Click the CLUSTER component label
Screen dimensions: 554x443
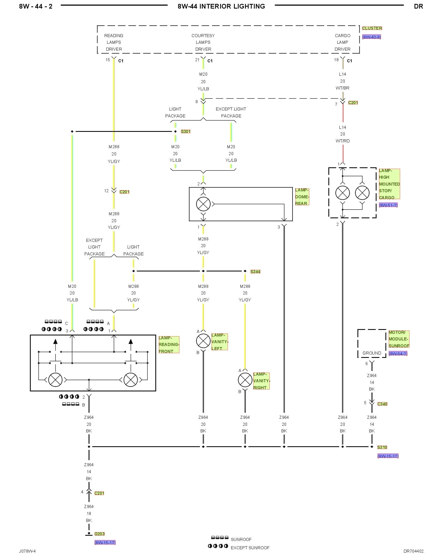(x=372, y=28)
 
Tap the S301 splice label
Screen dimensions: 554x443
(x=186, y=132)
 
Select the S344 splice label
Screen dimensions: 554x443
(x=255, y=272)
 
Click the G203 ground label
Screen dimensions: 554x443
(x=99, y=534)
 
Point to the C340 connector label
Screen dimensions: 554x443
(x=382, y=404)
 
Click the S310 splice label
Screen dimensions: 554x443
(x=382, y=447)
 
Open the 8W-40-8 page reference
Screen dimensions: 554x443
(x=372, y=37)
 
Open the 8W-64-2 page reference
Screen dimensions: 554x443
(x=398, y=354)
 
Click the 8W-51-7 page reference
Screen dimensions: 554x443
(x=388, y=205)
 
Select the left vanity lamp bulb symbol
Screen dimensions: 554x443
(x=203, y=341)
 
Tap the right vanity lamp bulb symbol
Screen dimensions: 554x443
(x=245, y=380)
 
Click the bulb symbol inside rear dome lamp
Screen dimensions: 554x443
(x=203, y=204)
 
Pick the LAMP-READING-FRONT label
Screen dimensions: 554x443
(x=169, y=345)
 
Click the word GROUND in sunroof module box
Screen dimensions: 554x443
(x=372, y=353)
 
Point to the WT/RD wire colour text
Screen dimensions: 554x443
(x=342, y=141)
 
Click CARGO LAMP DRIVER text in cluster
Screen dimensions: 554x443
(x=342, y=42)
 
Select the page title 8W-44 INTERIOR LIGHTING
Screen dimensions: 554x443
(x=221, y=6)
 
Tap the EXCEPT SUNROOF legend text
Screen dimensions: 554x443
(x=250, y=548)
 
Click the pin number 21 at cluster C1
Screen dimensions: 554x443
(x=197, y=60)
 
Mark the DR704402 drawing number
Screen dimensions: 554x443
(x=413, y=551)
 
